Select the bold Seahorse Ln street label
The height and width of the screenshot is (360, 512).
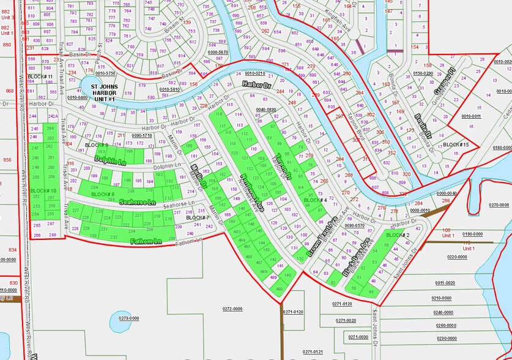tap(137, 201)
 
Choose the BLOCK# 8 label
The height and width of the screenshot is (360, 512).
tap(102, 194)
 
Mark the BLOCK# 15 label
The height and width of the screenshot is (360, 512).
tap(456, 144)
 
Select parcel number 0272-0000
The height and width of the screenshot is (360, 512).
tap(232, 309)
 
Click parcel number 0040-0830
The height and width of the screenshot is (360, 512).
tap(267, 109)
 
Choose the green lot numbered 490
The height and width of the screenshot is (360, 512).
tap(280, 289)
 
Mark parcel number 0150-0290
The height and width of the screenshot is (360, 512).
tap(423, 73)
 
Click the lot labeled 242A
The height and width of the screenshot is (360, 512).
tap(53, 116)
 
